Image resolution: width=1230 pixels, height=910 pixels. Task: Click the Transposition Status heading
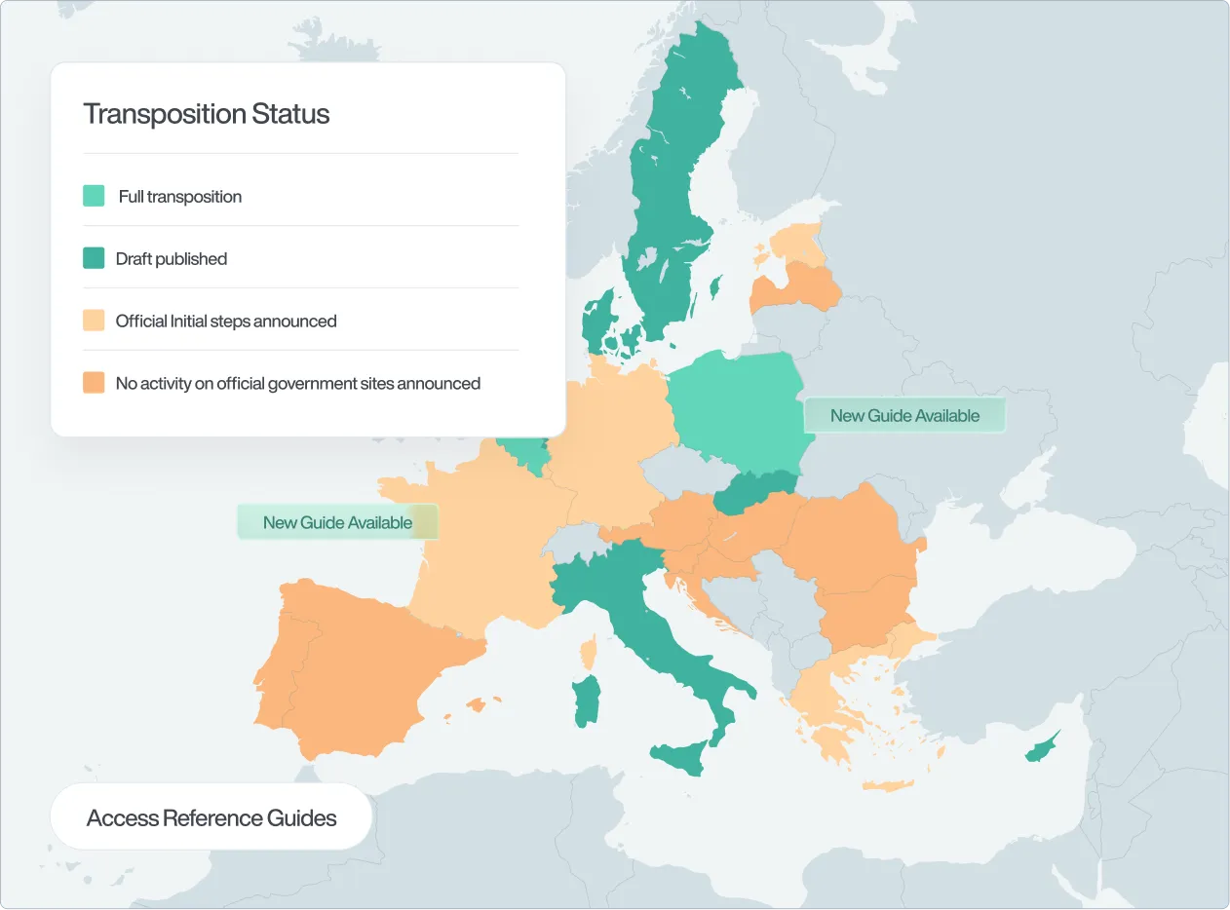(x=207, y=114)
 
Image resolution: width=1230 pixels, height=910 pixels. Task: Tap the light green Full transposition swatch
(x=94, y=196)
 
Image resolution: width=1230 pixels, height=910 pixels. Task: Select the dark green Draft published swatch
(x=94, y=258)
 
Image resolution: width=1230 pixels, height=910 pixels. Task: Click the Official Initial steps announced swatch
(x=94, y=321)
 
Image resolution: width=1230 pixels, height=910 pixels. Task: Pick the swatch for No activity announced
(x=94, y=383)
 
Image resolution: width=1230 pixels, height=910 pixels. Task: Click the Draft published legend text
(x=172, y=258)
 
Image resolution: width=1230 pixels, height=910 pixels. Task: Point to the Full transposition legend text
(x=180, y=196)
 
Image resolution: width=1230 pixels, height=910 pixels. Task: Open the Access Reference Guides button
(x=211, y=817)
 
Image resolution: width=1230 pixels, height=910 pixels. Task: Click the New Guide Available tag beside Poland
(x=904, y=415)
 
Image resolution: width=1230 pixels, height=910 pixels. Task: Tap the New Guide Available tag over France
(x=337, y=522)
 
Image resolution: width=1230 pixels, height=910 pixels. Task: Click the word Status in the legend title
(x=290, y=114)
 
